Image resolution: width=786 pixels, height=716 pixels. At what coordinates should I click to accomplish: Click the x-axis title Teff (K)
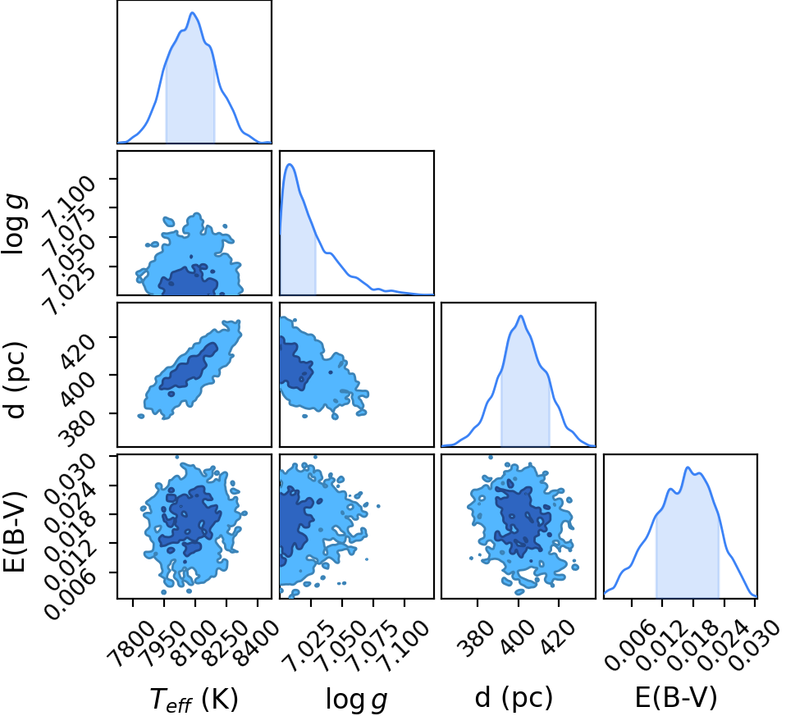pyautogui.click(x=194, y=700)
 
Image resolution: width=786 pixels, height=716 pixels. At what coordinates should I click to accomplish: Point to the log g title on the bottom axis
pyautogui.click(x=356, y=699)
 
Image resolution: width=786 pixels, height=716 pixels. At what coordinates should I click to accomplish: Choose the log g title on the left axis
pyautogui.click(x=16, y=225)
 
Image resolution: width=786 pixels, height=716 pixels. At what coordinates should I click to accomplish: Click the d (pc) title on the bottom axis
pyautogui.click(x=514, y=698)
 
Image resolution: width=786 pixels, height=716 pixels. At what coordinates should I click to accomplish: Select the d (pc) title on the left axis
pyautogui.click(x=15, y=380)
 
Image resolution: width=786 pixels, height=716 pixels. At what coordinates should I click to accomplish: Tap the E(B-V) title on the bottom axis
pyautogui.click(x=676, y=697)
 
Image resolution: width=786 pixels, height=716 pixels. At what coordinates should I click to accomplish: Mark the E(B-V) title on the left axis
pyautogui.click(x=15, y=531)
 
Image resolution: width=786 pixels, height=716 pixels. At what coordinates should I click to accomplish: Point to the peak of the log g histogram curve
pyautogui.click(x=290, y=164)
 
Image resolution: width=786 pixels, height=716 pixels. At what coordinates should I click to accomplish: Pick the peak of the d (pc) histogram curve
pyautogui.click(x=521, y=316)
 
